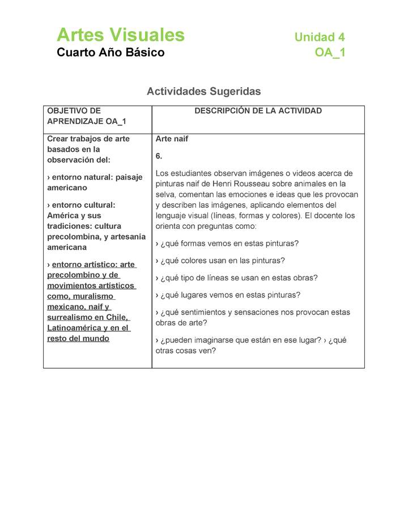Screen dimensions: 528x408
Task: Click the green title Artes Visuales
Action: tap(121, 35)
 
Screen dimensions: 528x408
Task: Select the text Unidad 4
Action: tap(320, 37)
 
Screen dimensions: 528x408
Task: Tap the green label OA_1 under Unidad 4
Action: tap(330, 53)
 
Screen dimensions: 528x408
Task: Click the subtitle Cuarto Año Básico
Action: tap(110, 53)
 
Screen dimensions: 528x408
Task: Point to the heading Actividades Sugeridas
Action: tap(203, 91)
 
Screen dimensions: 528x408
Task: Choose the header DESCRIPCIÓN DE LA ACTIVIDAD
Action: tap(258, 110)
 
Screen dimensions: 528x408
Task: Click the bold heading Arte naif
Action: tap(172, 139)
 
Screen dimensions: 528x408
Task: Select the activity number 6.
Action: tap(159, 156)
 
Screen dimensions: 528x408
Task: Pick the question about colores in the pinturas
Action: tap(222, 261)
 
